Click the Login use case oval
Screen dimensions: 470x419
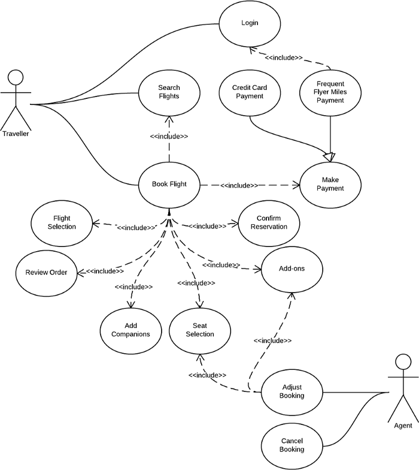(x=249, y=23)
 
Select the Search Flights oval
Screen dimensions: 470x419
(x=169, y=92)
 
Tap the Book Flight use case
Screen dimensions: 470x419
(x=169, y=184)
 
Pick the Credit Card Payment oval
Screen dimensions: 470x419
(x=249, y=92)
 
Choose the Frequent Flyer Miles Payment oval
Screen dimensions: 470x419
(x=330, y=92)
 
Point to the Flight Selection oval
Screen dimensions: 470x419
(x=62, y=222)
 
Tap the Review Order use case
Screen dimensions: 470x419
(x=46, y=272)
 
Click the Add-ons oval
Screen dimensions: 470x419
(x=292, y=269)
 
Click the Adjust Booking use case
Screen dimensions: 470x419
(x=292, y=391)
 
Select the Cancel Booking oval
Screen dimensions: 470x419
(x=292, y=444)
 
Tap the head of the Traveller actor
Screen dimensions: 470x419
(x=16, y=77)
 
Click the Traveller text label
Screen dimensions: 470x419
(x=16, y=134)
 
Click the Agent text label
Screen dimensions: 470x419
(x=403, y=425)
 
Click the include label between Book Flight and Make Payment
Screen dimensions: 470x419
(x=239, y=186)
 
